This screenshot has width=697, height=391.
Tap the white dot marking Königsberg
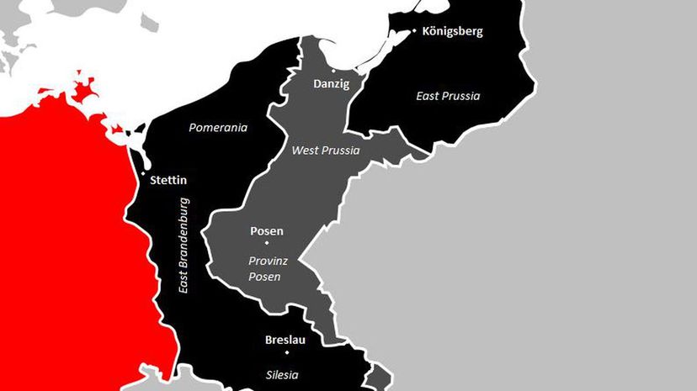click(x=414, y=32)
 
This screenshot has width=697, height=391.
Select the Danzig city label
click(x=331, y=84)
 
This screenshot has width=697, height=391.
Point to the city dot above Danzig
click(x=333, y=71)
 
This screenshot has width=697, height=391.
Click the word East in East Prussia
click(x=428, y=96)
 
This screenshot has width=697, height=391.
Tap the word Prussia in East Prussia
click(x=461, y=96)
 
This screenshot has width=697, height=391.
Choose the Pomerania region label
click(x=218, y=128)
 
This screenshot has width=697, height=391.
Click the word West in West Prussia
click(x=304, y=151)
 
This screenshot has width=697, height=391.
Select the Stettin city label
click(x=168, y=180)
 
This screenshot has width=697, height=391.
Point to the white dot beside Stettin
click(x=143, y=176)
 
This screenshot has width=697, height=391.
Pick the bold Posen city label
click(x=267, y=230)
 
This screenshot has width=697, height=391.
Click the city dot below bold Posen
click(x=268, y=243)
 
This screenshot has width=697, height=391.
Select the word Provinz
click(x=268, y=261)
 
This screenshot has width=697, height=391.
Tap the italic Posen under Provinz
click(x=264, y=277)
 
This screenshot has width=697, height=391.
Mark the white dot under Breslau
click(x=286, y=352)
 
